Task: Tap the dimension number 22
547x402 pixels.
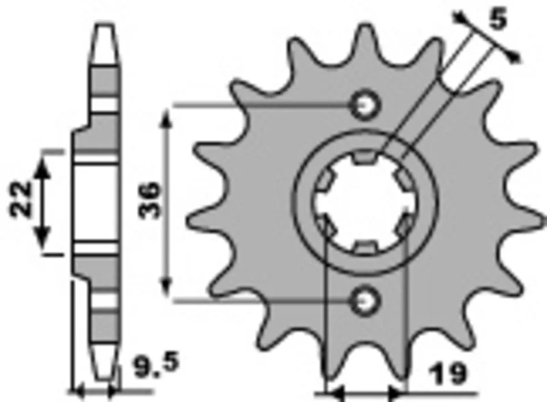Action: [21, 199]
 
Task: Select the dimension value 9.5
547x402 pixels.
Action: [157, 365]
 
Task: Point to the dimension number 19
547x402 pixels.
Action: [448, 373]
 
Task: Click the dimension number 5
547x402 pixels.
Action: [498, 21]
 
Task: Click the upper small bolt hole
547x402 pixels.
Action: [365, 105]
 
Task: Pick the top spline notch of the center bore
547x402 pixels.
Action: [365, 158]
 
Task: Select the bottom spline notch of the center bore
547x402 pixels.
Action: [365, 247]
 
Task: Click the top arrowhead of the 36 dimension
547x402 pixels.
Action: [167, 120]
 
